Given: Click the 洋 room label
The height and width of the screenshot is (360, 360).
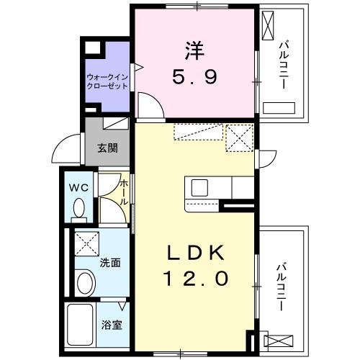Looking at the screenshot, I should click(x=193, y=53).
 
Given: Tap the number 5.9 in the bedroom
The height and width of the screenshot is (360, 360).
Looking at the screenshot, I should click(x=193, y=76).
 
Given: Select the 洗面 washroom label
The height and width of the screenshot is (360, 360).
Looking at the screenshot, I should click(x=110, y=263).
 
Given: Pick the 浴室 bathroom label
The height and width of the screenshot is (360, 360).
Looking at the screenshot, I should click(x=112, y=324).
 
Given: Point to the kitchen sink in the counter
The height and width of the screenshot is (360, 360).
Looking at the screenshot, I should click(x=199, y=188).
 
